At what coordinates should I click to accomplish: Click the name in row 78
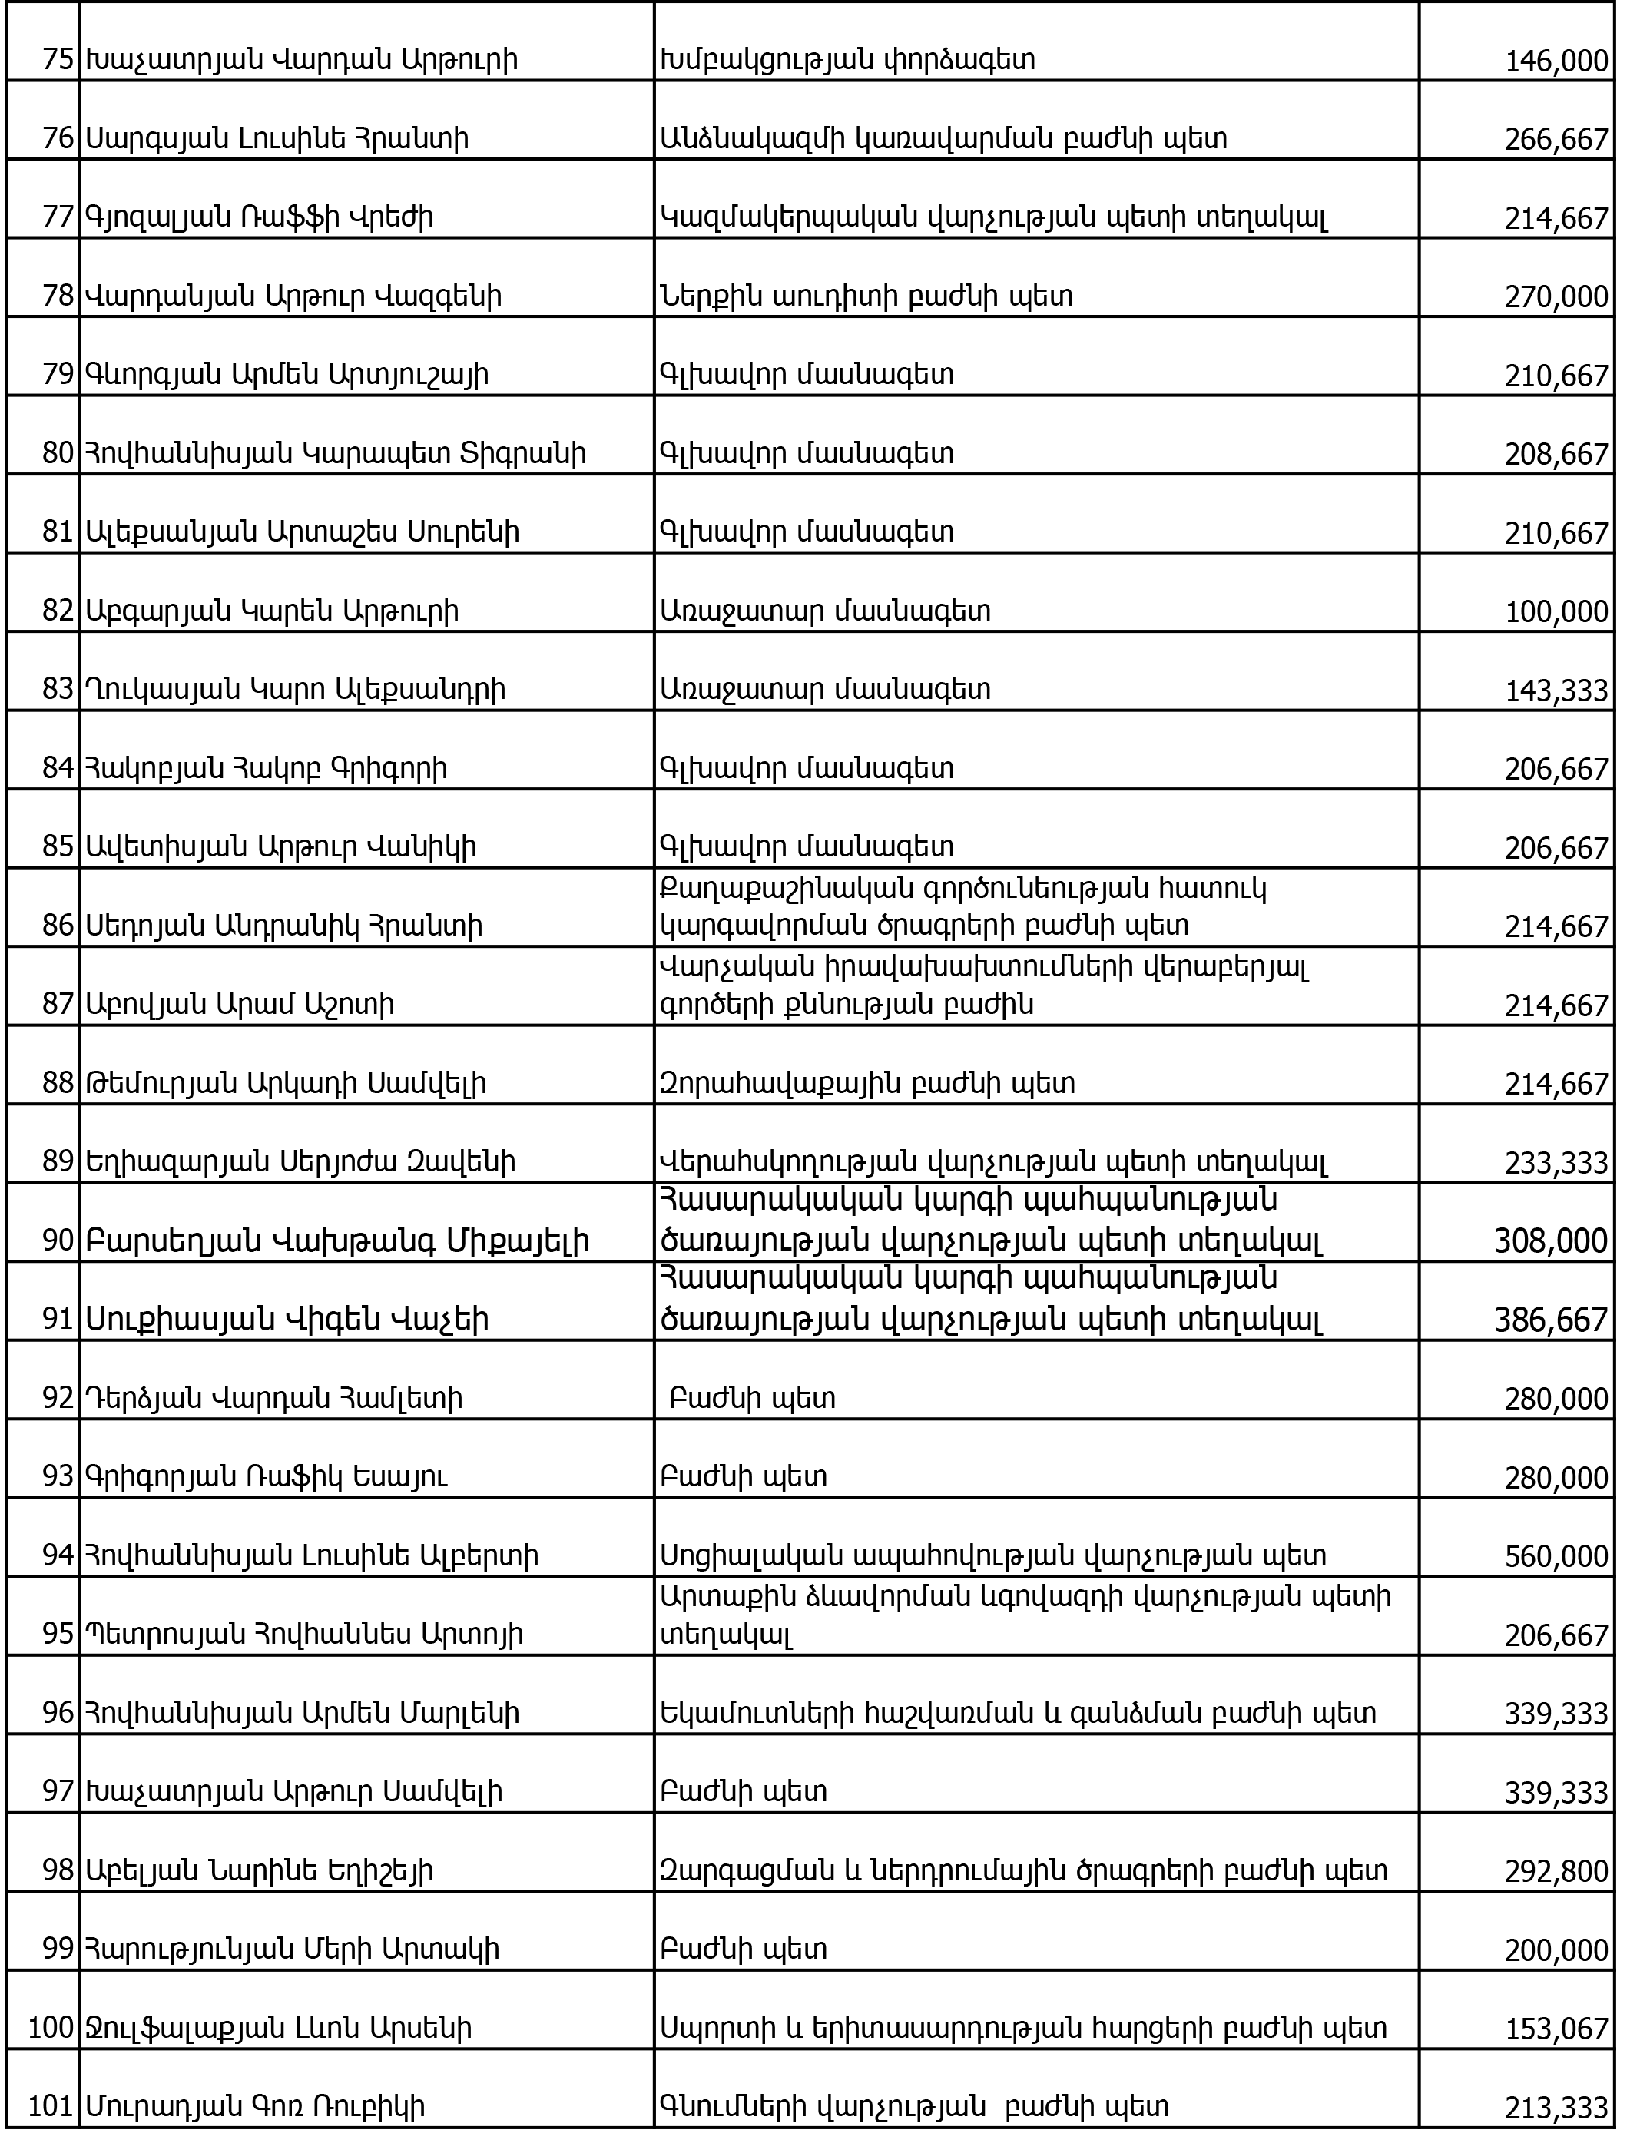coord(293,296)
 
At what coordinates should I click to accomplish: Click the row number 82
coord(58,611)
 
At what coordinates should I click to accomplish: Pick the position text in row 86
coord(966,907)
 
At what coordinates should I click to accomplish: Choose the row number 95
coord(58,1635)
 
